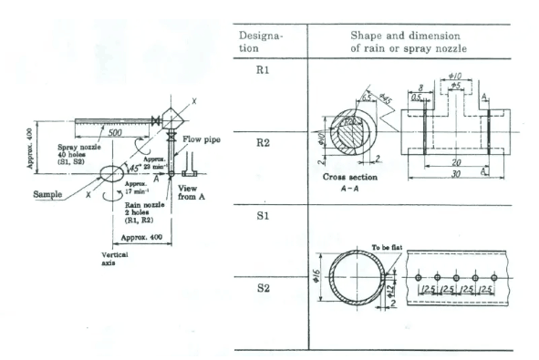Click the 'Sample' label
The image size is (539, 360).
(x=51, y=193)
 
